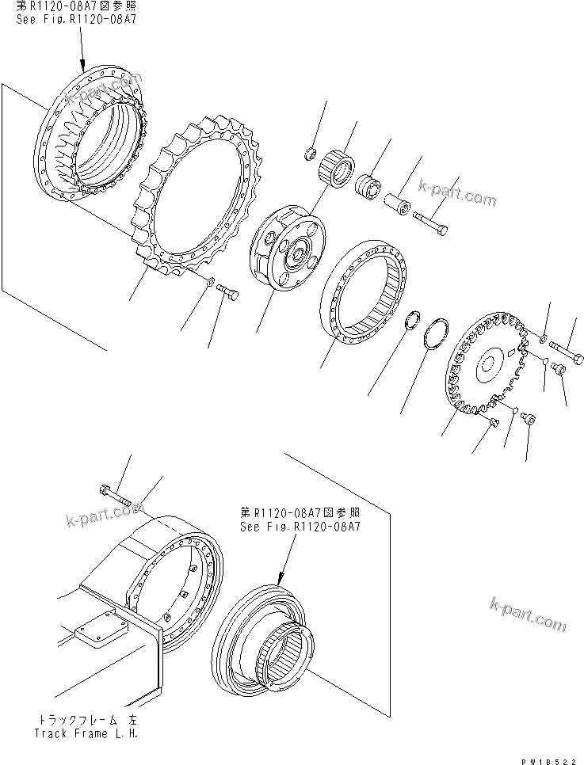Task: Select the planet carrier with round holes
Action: (x=288, y=248)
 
